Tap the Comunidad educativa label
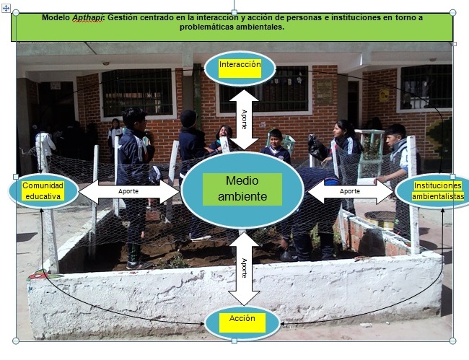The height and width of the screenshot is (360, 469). pos(42,190)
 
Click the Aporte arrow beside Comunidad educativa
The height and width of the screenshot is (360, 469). pos(128,191)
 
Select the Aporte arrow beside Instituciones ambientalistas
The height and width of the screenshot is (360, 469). pos(350,191)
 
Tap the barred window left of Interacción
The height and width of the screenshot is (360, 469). pos(137,92)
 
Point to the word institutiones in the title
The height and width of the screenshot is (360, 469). pos(358,17)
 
